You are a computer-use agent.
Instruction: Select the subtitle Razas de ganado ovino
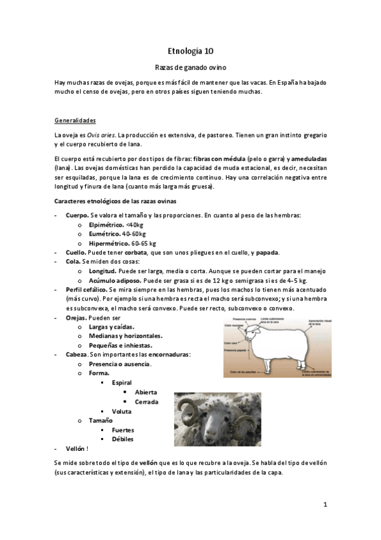point(190,67)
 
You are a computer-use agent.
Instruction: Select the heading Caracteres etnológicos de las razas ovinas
point(119,201)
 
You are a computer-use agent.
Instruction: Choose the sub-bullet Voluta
point(121,411)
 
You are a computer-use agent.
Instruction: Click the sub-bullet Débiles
point(123,439)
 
